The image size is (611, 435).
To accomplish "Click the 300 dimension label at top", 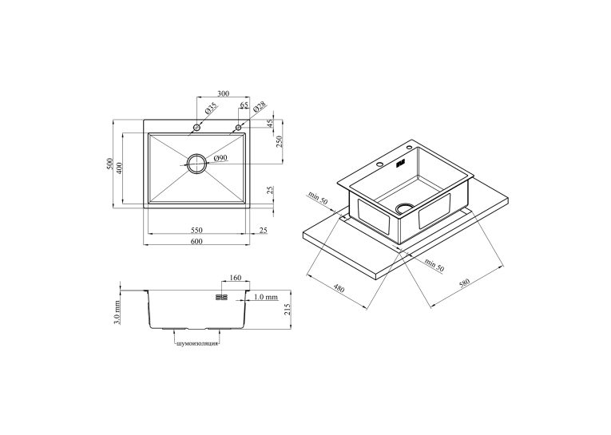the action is (223, 93).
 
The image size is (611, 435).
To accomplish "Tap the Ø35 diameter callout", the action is (210, 108).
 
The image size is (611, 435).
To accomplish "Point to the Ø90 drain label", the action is (220, 158).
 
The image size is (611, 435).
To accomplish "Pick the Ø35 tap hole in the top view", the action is (196, 128).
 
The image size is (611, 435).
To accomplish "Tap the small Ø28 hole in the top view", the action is (239, 128).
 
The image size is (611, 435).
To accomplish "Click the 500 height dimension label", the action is (109, 164).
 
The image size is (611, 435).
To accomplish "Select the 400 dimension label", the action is (119, 168).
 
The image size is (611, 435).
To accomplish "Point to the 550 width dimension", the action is (196, 230).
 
